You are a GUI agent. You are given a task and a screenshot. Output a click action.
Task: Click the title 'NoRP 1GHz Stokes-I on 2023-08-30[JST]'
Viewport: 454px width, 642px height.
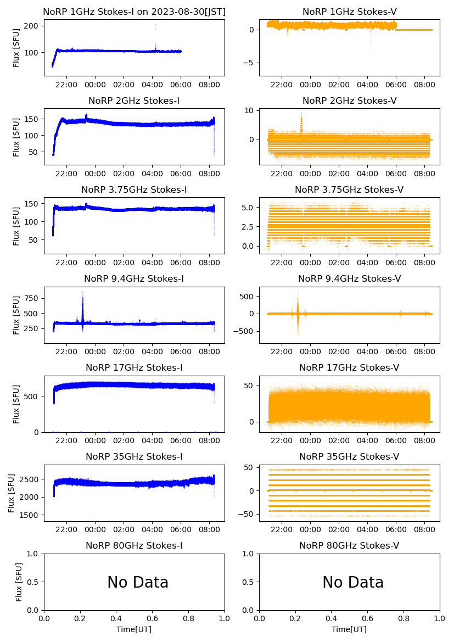(134, 12)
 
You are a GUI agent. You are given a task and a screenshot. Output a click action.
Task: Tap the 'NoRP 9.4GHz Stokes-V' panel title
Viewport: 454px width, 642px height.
(349, 278)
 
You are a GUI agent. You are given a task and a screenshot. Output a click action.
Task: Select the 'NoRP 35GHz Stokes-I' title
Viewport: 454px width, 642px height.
(134, 456)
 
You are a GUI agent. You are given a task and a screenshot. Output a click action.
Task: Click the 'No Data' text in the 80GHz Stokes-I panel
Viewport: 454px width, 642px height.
(138, 582)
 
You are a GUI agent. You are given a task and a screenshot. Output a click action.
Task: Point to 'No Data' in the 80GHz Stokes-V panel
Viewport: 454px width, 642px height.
(353, 582)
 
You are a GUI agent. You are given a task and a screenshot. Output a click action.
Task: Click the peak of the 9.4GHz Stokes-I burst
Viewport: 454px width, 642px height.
(82, 293)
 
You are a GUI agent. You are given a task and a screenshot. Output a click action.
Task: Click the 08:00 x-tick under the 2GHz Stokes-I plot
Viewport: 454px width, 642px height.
(210, 174)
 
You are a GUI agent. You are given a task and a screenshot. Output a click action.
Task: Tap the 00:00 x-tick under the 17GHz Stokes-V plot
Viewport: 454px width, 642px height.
(311, 440)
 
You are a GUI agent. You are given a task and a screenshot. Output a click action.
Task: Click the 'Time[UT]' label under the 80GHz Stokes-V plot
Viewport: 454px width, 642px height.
(349, 629)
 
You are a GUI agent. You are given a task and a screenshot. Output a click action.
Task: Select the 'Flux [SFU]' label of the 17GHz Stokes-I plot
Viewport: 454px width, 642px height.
(16, 404)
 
